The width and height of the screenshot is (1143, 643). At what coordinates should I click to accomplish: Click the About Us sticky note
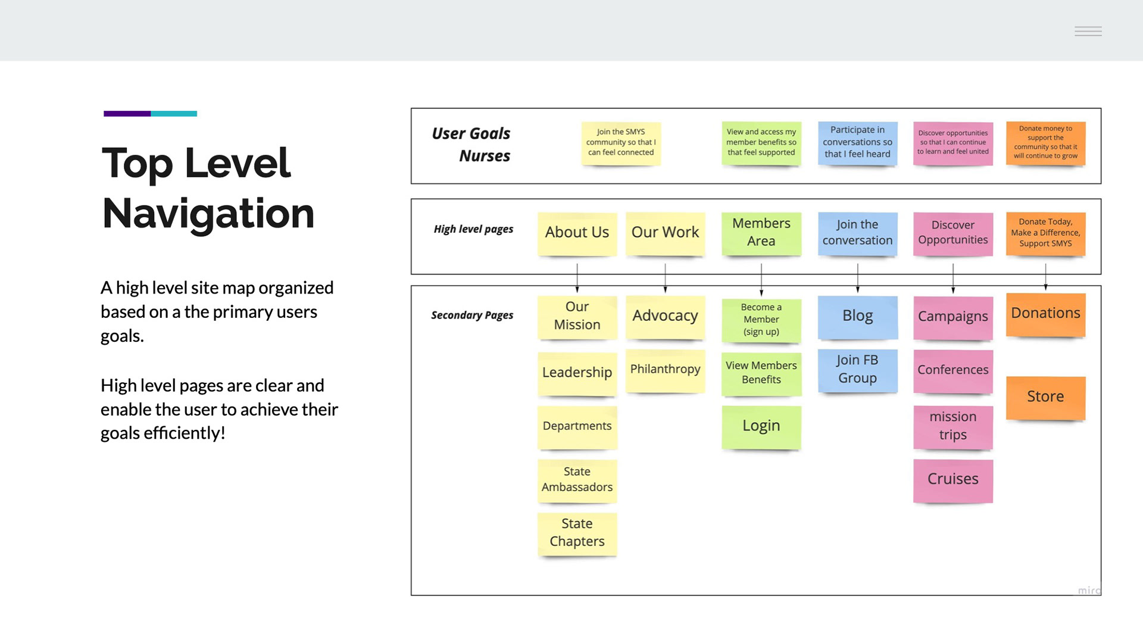tap(577, 233)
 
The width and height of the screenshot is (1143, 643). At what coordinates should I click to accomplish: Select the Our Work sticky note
tap(665, 233)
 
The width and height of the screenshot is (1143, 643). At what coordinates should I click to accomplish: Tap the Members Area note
tap(761, 233)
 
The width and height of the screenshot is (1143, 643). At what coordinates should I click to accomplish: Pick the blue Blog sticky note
tap(858, 317)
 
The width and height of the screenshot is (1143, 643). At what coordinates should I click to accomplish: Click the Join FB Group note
tap(858, 370)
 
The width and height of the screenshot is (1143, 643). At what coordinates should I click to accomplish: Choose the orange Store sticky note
tap(1046, 398)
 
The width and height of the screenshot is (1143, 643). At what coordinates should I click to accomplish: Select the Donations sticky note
tap(1046, 314)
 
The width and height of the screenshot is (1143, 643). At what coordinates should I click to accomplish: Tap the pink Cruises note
tap(953, 480)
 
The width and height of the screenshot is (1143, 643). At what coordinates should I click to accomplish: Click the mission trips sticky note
tap(953, 427)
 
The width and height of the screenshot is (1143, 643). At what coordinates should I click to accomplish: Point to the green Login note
tap(761, 427)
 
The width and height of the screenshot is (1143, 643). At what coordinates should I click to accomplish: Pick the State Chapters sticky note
tap(577, 534)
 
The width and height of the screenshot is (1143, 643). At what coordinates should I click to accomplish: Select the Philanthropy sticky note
tap(665, 370)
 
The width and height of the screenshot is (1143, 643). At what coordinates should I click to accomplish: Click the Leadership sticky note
tap(577, 373)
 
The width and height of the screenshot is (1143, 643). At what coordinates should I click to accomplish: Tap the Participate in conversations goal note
tap(858, 143)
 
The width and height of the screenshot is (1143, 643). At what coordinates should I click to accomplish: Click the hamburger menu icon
tap(1088, 31)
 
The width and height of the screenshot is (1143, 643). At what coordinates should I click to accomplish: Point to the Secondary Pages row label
tap(472, 316)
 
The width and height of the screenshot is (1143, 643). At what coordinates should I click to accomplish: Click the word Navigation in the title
tap(208, 214)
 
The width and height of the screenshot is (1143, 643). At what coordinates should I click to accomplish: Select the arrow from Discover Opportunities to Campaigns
tap(953, 278)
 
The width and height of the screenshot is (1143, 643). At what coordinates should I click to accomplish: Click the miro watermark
tap(1089, 590)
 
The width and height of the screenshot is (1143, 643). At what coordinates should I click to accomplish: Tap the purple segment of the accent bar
tap(127, 113)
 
